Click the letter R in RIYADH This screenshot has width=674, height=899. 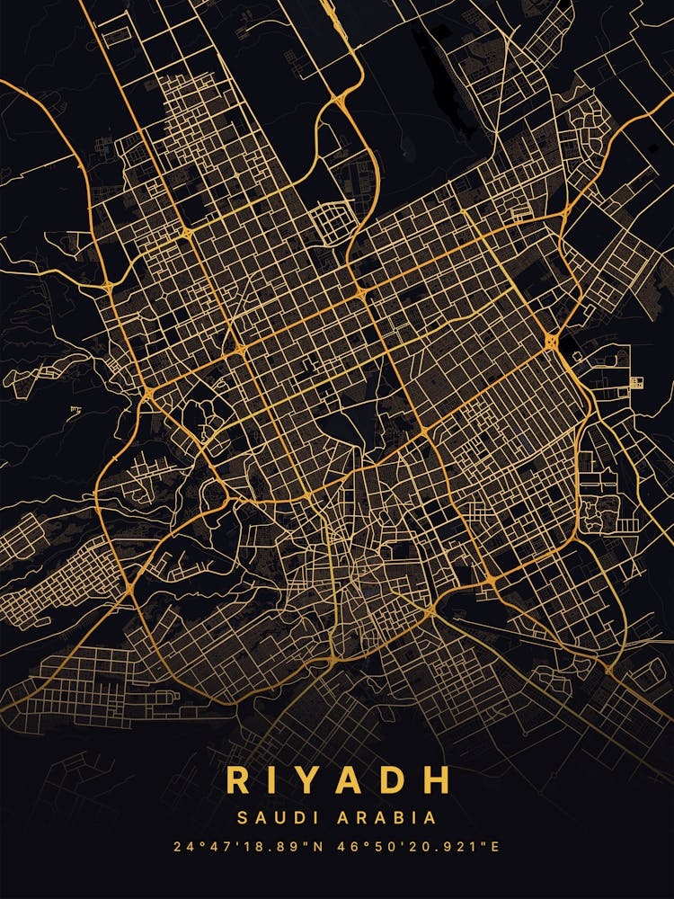click(x=239, y=779)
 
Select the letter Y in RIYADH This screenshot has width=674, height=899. click(x=315, y=779)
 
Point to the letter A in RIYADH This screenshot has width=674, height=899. click(x=358, y=779)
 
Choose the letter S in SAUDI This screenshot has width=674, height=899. click(x=243, y=818)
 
